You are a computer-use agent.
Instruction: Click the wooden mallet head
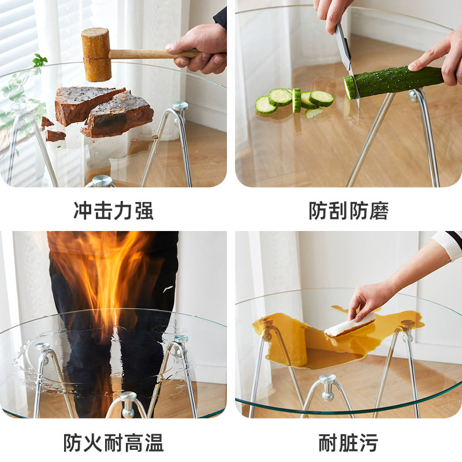coord(96,54)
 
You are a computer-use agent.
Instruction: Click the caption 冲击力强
coord(113,211)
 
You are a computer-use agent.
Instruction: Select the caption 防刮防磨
coord(348,211)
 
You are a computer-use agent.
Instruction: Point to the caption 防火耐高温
coord(113,443)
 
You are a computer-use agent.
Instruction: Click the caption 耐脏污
coord(348,443)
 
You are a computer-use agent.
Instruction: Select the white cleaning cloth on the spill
coord(349,325)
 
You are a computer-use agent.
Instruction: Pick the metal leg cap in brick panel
coord(180,106)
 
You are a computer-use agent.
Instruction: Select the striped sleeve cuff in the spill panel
coord(449,243)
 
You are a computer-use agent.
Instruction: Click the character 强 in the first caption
coord(144,211)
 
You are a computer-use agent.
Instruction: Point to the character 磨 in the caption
coord(379,211)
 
